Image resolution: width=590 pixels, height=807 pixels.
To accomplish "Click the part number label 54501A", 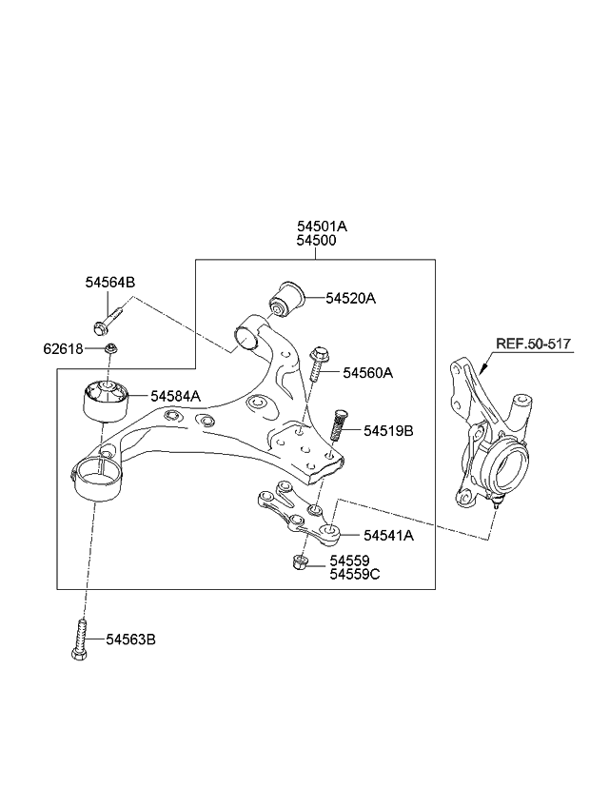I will click(x=321, y=226).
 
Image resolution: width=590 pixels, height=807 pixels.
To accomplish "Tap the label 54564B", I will click(x=109, y=282).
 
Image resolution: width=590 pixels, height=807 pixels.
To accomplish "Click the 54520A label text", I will click(x=350, y=298).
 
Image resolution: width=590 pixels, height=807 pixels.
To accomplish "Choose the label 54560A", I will click(x=367, y=373).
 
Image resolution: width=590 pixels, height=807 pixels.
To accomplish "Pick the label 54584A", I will click(x=174, y=396).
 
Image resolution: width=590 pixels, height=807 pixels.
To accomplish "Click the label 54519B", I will click(x=388, y=430).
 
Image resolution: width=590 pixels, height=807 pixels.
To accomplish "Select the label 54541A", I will click(x=388, y=535).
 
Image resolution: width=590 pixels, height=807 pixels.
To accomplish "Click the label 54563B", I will click(x=129, y=640).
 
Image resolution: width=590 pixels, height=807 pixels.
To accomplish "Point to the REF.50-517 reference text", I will click(x=533, y=344).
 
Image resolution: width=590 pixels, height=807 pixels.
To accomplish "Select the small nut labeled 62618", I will click(x=111, y=350).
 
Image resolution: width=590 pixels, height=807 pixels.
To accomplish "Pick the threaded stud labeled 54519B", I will click(x=338, y=423).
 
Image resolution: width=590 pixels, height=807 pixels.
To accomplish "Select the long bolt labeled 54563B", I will click(x=81, y=640).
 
